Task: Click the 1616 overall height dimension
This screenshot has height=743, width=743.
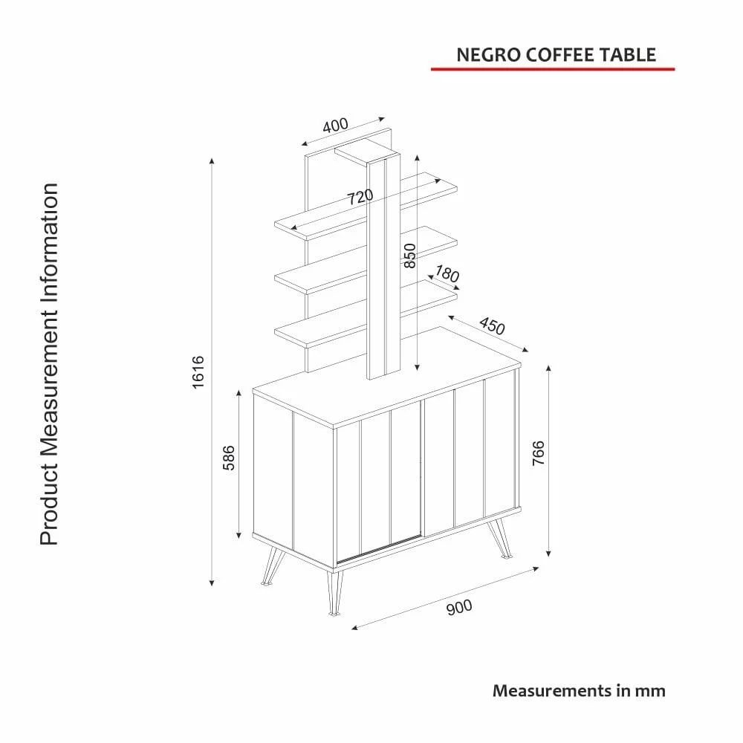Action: pos(198,372)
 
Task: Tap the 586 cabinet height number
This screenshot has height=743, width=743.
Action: pos(229,458)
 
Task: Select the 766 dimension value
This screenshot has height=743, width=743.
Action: pos(539,453)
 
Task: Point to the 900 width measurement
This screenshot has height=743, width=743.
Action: pos(459,607)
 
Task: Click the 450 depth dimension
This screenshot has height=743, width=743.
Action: pos(492,325)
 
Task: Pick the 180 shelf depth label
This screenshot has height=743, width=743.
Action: pos(447,274)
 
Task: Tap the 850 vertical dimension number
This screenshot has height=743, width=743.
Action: pos(410,256)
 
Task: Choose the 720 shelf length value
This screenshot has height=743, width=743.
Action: pos(360,197)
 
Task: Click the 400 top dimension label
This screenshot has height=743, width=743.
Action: pos(336,126)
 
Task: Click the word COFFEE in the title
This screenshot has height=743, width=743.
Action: pos(560,55)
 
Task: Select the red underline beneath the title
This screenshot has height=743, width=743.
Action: pos(553,69)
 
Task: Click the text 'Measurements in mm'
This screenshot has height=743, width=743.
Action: pos(579,690)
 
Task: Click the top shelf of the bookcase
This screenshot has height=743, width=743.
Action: pos(366,207)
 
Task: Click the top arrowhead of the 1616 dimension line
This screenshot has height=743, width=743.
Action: pos(212,161)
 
